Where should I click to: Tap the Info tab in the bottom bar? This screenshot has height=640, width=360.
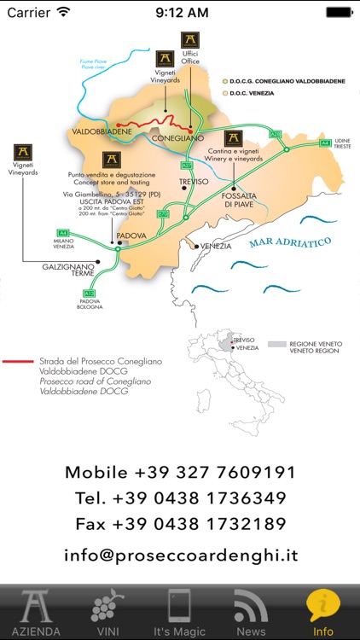(x=323, y=612)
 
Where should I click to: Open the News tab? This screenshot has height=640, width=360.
(x=251, y=612)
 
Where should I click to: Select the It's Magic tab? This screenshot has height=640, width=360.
(x=179, y=612)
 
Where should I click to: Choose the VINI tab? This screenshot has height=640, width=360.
(x=107, y=612)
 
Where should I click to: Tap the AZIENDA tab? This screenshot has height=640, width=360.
(x=35, y=612)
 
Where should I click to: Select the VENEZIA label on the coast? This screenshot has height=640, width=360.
(x=216, y=246)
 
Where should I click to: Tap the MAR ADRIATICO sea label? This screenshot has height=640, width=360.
(x=289, y=245)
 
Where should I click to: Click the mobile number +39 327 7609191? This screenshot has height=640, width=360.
(x=180, y=472)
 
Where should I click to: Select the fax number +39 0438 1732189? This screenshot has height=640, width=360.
(x=180, y=524)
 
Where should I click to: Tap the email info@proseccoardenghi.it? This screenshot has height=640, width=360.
(x=180, y=556)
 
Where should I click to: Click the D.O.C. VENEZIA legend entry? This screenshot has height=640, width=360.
(x=247, y=92)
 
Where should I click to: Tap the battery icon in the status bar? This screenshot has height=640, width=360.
(x=338, y=13)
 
